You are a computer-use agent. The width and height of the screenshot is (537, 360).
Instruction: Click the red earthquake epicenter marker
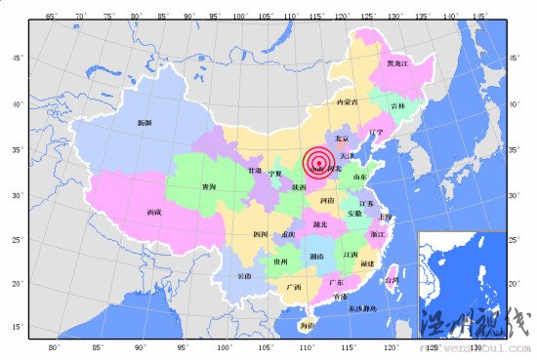point(318,162)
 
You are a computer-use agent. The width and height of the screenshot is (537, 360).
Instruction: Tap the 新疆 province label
point(145,123)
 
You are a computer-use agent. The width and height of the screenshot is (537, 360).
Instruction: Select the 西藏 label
point(154,212)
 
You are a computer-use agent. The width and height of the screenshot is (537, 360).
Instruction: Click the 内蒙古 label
point(347,101)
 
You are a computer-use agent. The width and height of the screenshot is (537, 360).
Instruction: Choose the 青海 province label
point(209,186)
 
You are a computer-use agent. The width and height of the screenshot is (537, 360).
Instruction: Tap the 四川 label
point(261,234)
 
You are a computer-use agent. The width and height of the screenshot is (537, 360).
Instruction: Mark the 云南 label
point(244,276)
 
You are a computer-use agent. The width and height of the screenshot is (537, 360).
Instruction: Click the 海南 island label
point(308,325)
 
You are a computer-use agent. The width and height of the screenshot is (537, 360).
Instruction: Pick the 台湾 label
point(392,280)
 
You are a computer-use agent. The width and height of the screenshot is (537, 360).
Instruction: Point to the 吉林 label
point(397,105)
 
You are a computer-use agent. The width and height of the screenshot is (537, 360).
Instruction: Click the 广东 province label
point(336,281)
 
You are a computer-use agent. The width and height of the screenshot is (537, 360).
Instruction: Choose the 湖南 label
point(316,257)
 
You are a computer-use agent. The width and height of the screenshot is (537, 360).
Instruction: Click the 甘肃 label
point(255,171)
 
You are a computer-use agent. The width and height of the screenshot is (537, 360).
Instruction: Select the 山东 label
point(359,178)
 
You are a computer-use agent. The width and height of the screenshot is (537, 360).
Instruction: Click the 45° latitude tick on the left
point(16,59)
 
